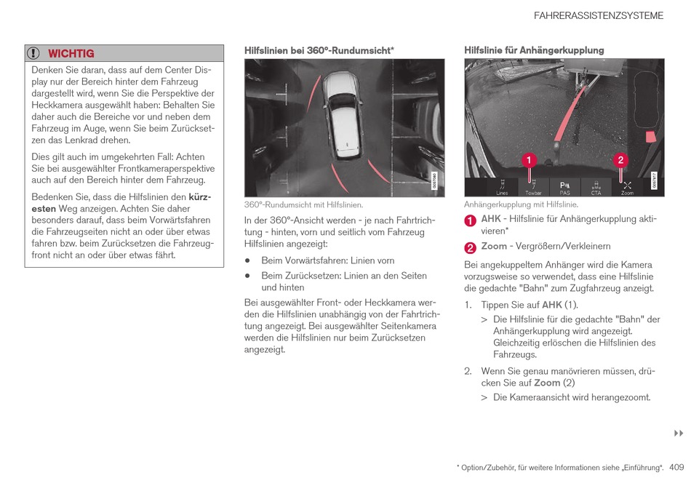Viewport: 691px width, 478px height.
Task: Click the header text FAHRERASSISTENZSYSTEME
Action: point(598,15)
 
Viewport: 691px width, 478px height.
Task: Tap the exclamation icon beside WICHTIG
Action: point(33,53)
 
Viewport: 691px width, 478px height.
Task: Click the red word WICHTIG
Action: point(71,53)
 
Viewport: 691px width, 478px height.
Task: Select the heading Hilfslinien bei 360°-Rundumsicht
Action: point(319,50)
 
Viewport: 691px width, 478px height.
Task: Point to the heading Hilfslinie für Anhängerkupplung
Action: point(534,50)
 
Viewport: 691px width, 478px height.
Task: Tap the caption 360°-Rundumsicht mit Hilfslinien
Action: point(303,205)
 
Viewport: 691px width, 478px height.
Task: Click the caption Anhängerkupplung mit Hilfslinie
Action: point(521,204)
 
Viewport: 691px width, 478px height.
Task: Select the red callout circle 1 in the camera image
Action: point(529,159)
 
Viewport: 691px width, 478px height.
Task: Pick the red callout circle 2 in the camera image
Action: point(620,159)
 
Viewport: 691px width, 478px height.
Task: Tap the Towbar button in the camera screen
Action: point(533,188)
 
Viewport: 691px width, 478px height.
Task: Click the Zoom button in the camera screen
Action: point(626,188)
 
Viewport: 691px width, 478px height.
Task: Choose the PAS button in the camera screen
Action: point(564,188)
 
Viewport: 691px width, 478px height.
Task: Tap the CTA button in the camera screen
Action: point(596,188)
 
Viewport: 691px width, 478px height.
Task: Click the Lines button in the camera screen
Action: point(502,188)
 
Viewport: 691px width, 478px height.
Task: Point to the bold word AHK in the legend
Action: point(491,218)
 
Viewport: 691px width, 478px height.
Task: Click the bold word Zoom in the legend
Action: point(494,246)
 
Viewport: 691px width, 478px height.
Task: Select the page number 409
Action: point(676,467)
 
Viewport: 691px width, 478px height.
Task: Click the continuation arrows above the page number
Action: point(679,434)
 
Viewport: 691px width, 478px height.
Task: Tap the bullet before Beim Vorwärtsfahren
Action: point(248,260)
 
